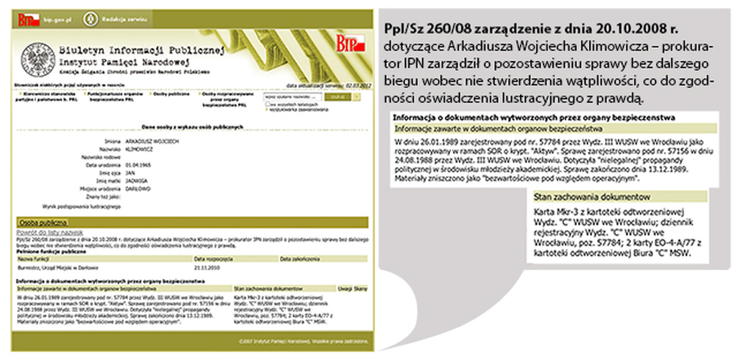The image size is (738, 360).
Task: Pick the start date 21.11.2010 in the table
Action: coord(207,268)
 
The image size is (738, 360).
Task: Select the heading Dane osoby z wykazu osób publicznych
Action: coord(193,127)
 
